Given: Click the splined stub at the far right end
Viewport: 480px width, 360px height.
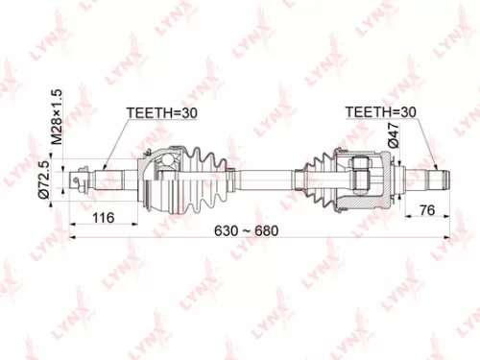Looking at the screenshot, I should click(437, 178).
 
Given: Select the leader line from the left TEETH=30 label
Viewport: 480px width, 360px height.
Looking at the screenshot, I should click(115, 141).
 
